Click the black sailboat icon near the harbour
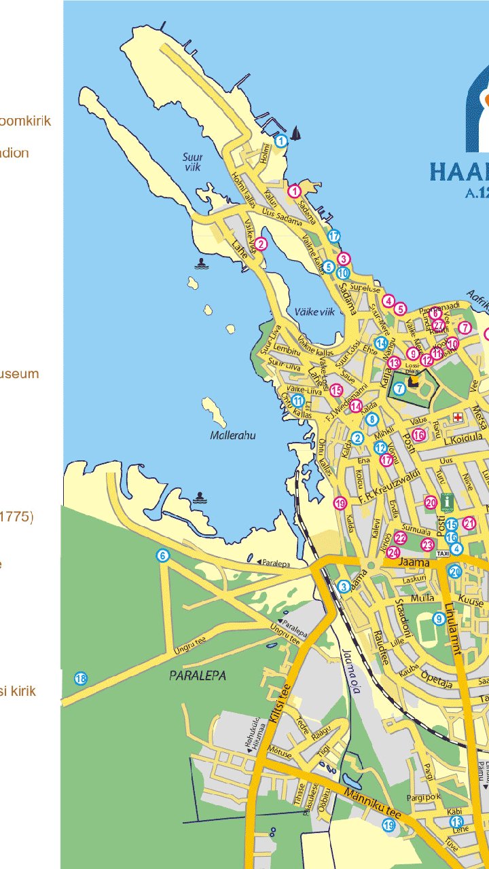click(296, 134)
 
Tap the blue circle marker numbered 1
click(280, 141)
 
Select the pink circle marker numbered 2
click(261, 244)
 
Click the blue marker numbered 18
click(81, 678)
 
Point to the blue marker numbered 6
click(162, 556)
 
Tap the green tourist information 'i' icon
click(446, 502)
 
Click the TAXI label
click(442, 554)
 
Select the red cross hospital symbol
click(458, 416)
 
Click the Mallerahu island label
click(233, 435)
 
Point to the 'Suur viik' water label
click(193, 162)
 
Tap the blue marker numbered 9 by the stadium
click(439, 618)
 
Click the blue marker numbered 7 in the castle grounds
click(399, 388)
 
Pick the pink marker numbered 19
click(340, 503)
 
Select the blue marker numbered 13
click(456, 822)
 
